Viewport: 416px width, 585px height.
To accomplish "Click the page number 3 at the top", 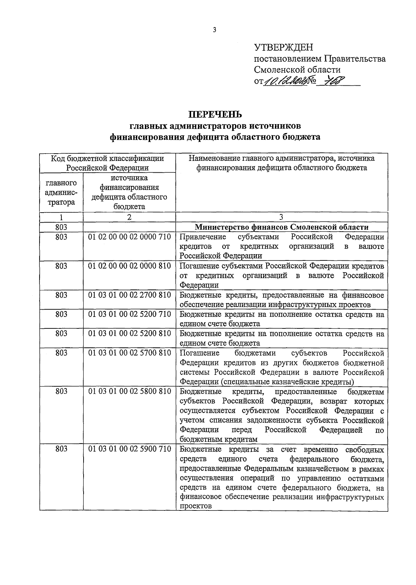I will [215, 30].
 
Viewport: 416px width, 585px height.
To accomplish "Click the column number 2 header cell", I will [129, 217].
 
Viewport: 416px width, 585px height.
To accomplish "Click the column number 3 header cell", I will [281, 217].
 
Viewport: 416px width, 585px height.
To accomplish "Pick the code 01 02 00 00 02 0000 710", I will [129, 237].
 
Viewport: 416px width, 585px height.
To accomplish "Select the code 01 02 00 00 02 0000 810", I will [129, 266].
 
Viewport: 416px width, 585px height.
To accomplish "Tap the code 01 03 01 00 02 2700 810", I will [129, 295].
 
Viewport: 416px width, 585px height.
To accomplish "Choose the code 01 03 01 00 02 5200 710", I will [129, 314].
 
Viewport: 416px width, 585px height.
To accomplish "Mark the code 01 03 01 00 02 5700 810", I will [129, 353].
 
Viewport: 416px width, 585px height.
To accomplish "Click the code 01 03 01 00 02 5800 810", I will [129, 392].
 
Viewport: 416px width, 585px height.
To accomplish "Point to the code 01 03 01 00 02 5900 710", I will [129, 449].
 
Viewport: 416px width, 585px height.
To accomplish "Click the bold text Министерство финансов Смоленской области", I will [281, 227].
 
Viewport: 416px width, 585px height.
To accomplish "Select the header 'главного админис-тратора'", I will [61, 193].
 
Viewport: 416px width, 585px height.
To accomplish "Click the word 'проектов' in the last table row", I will [196, 506].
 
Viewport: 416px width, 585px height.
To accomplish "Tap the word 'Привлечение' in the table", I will [203, 237].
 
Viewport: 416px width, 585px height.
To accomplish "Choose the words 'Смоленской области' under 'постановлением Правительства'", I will [297, 70].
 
